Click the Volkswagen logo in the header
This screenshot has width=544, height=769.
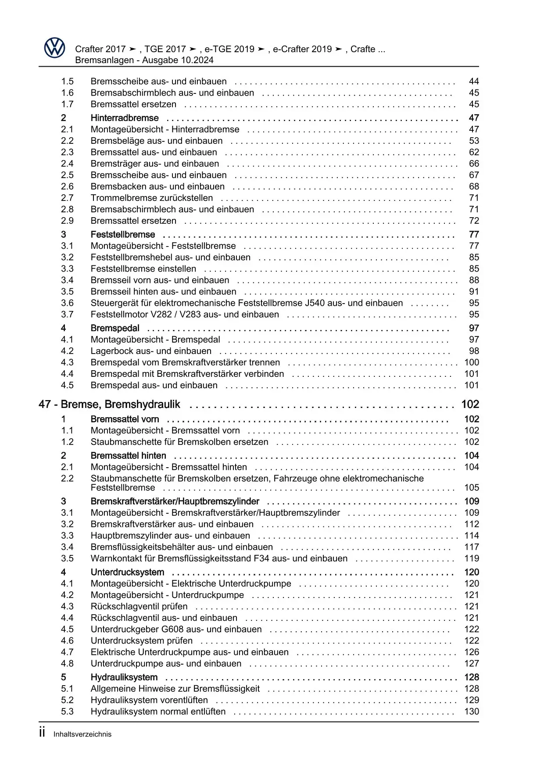[x=55, y=48]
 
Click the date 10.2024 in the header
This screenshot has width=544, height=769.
[x=197, y=60]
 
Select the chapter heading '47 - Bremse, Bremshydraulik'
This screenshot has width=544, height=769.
[x=110, y=404]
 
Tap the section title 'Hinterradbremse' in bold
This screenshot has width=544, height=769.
[x=125, y=118]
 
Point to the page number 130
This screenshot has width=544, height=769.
[x=472, y=712]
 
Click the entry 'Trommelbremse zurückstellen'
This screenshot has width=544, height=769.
[x=152, y=198]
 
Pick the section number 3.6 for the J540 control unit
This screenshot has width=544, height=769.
[x=67, y=303]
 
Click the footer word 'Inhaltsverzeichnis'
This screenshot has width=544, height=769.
[x=82, y=734]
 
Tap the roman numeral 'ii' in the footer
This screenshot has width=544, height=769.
[x=42, y=733]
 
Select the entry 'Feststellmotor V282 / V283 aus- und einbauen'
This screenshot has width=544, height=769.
[x=185, y=315]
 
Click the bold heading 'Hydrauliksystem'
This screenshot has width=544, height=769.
[x=124, y=677]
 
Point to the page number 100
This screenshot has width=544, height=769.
[x=472, y=362]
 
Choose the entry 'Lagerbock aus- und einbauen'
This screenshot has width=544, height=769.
[x=151, y=351]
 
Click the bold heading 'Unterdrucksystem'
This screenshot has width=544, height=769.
[x=127, y=572]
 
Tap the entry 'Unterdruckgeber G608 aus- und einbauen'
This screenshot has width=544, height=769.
[x=176, y=629]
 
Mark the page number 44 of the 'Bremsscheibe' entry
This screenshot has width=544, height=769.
[x=474, y=81]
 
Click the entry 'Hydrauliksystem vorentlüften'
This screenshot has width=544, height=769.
[x=149, y=700]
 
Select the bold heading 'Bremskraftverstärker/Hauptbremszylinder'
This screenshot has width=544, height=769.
[x=175, y=501]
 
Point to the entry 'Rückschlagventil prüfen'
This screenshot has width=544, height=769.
[x=139, y=606]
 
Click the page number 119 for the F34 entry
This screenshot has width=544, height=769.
[x=472, y=558]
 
